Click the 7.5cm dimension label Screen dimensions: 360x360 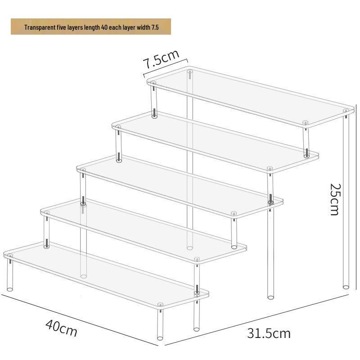pyautogui.click(x=161, y=59)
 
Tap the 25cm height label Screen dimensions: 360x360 pyautogui.click(x=334, y=199)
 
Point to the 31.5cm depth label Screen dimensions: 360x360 pyautogui.click(x=269, y=333)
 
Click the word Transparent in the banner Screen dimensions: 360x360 pyautogui.click(x=38, y=27)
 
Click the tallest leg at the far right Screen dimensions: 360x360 pyautogui.click(x=346, y=202)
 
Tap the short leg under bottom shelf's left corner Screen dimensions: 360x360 pyautogui.click(x=10, y=274)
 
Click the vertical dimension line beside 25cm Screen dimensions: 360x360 pyautogui.click(x=350, y=202)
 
